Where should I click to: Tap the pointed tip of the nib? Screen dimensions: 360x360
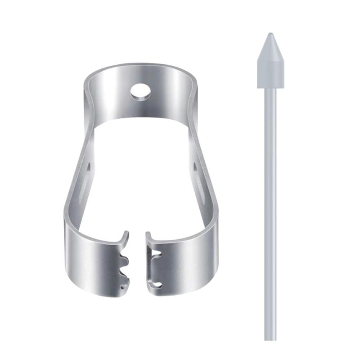click(x=270, y=34)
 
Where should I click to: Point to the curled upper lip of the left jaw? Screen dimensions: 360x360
click(x=126, y=235)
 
